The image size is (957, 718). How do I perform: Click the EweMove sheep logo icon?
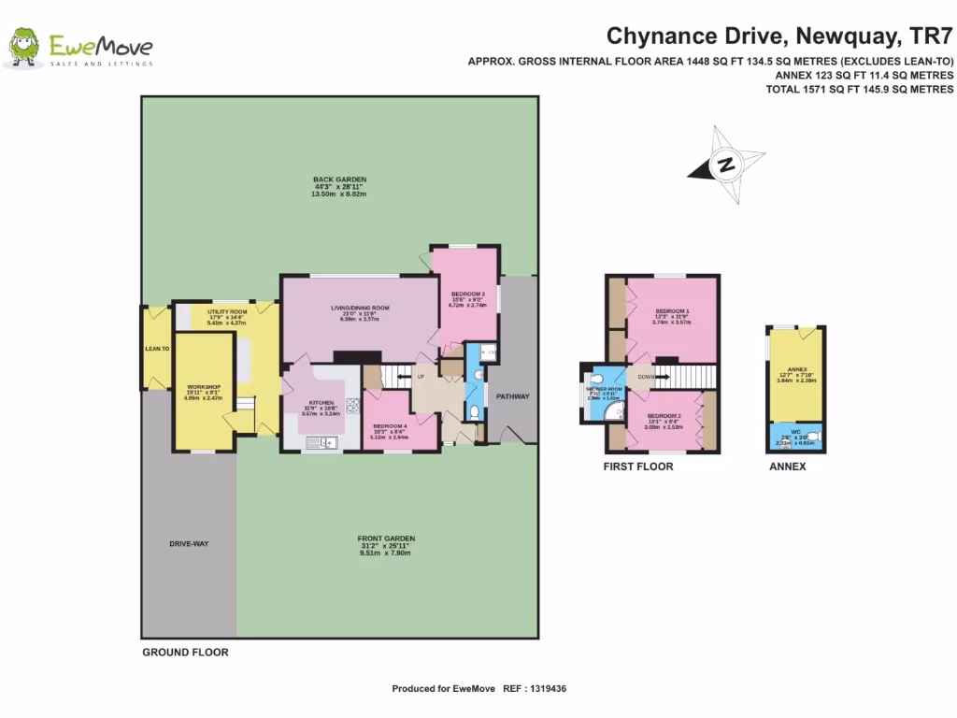23,48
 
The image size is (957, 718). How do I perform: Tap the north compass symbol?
725,165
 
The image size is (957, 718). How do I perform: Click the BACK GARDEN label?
339,179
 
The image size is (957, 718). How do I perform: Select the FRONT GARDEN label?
386,538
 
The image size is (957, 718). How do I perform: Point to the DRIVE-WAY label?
188,543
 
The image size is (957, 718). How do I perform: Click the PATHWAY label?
511,396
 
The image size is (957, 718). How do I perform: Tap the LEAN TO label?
157,349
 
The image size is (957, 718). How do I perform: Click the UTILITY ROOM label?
227,311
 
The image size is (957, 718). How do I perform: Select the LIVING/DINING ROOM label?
360,308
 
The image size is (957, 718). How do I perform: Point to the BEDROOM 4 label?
389,426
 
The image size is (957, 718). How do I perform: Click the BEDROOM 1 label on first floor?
672,311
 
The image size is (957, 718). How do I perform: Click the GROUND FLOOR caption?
185,653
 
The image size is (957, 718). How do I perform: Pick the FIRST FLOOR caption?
637,466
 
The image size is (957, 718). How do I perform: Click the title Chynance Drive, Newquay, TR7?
779,36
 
